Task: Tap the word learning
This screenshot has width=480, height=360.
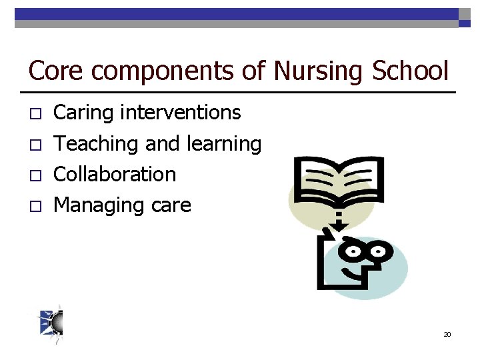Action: [x=224, y=144]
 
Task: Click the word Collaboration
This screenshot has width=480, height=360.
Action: [x=115, y=175]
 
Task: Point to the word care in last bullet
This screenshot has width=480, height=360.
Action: [x=171, y=206]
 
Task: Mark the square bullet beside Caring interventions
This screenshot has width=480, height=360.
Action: [x=37, y=115]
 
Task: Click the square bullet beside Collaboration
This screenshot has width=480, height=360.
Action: [x=37, y=176]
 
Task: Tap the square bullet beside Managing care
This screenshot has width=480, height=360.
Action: [x=37, y=207]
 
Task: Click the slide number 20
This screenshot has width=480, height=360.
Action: [x=447, y=334]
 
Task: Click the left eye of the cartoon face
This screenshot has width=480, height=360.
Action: [x=353, y=252]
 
